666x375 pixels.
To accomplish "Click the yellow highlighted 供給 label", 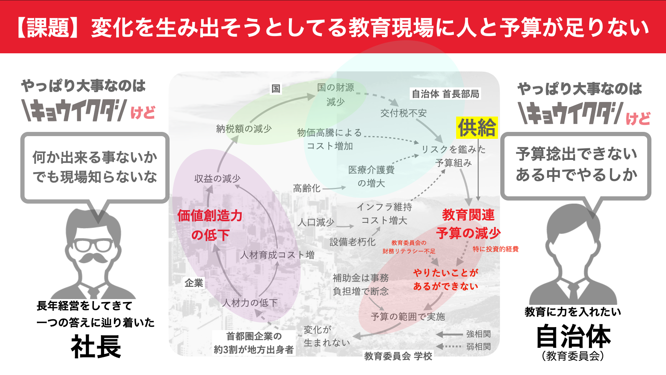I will (477, 128).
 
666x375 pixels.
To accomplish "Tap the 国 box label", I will (276, 89).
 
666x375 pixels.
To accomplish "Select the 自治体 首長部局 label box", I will (445, 94).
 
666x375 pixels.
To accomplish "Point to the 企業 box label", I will (194, 283).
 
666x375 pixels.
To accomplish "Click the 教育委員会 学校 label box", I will (398, 356).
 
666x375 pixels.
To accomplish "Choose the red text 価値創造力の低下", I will (210, 225).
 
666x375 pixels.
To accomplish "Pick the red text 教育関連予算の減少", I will (468, 224).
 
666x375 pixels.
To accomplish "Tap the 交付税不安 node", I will (403, 113).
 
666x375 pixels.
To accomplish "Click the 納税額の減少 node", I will (244, 129).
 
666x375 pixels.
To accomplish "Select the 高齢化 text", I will (307, 188).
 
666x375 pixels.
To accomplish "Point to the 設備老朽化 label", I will (352, 242).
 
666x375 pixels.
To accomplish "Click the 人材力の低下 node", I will (250, 303).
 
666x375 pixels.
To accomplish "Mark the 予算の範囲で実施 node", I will (408, 317).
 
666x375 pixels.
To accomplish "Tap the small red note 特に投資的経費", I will (495, 249).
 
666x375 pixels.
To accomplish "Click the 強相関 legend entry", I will (478, 334).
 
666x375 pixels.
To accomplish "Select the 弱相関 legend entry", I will (478, 347).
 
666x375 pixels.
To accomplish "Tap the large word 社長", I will (96, 347).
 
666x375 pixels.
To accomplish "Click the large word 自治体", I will (573, 336).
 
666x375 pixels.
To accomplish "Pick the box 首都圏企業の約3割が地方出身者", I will (254, 343).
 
